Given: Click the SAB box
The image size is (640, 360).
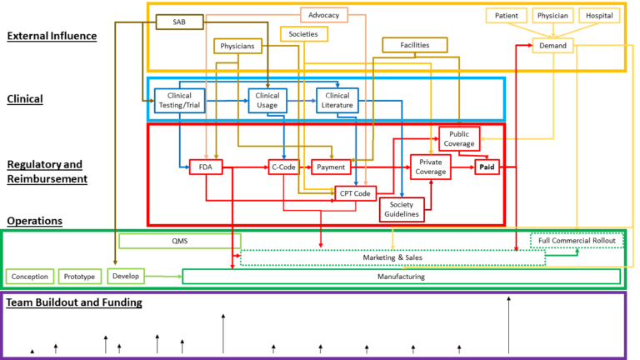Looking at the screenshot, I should [179, 22].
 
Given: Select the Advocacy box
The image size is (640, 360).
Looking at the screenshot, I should [323, 15].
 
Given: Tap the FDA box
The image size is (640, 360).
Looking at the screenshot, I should [205, 167].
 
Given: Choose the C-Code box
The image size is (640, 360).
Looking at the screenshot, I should [283, 167].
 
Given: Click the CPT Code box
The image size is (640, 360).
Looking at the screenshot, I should [354, 193].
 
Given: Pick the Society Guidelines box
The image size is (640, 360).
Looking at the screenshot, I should [401, 209].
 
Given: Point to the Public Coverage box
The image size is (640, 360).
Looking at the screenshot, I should [459, 138].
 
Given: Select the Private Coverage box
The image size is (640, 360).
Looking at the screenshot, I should [430, 167].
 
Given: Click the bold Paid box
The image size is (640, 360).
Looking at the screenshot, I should [487, 167].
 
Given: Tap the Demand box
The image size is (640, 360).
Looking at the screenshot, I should [552, 45].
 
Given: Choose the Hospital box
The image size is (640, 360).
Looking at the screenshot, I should [598, 15].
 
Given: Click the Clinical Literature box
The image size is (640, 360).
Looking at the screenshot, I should [337, 100].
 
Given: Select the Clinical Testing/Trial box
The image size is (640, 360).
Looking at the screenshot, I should [179, 100].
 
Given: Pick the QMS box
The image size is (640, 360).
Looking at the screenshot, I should [179, 241].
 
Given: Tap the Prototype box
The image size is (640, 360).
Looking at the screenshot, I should [80, 276].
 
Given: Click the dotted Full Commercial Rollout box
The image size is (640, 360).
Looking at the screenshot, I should [577, 241].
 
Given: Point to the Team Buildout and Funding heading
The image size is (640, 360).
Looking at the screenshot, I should [73, 302].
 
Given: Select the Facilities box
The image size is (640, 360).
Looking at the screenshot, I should [414, 45].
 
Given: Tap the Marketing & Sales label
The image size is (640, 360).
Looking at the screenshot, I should [392, 257].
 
